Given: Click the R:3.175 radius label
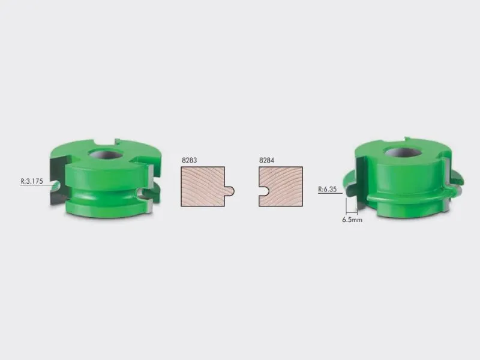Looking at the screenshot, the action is [x=32, y=181].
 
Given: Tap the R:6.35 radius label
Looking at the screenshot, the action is [x=327, y=189].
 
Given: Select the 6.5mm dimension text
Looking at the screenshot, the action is [x=352, y=220].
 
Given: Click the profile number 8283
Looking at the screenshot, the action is [x=189, y=160].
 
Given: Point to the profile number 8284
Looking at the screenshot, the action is [x=266, y=160].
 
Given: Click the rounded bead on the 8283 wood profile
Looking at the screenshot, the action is [x=230, y=191].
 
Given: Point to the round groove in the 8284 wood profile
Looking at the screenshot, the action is [x=264, y=191].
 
